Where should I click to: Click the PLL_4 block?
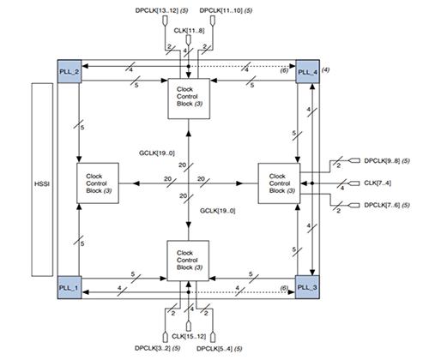click(306, 73)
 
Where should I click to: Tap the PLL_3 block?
click(306, 286)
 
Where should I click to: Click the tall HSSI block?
click(40, 179)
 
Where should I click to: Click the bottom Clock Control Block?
click(188, 261)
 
